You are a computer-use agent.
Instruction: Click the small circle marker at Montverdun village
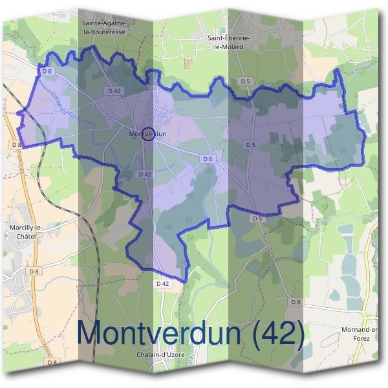tap(147, 133)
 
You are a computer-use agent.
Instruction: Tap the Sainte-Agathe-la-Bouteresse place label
tap(108, 26)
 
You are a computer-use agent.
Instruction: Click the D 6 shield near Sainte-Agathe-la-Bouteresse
tap(47, 72)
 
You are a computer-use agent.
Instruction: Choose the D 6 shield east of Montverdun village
tap(208, 158)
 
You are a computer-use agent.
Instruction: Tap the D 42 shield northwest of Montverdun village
tap(114, 91)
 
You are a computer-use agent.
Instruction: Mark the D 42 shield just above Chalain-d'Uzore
tap(162, 283)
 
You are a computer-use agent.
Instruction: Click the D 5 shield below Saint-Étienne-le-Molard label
tap(244, 81)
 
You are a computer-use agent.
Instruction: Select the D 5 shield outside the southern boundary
tap(257, 219)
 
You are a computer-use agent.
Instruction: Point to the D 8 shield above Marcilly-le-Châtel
tap(16, 145)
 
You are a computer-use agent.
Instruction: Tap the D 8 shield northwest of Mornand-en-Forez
tap(296, 302)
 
